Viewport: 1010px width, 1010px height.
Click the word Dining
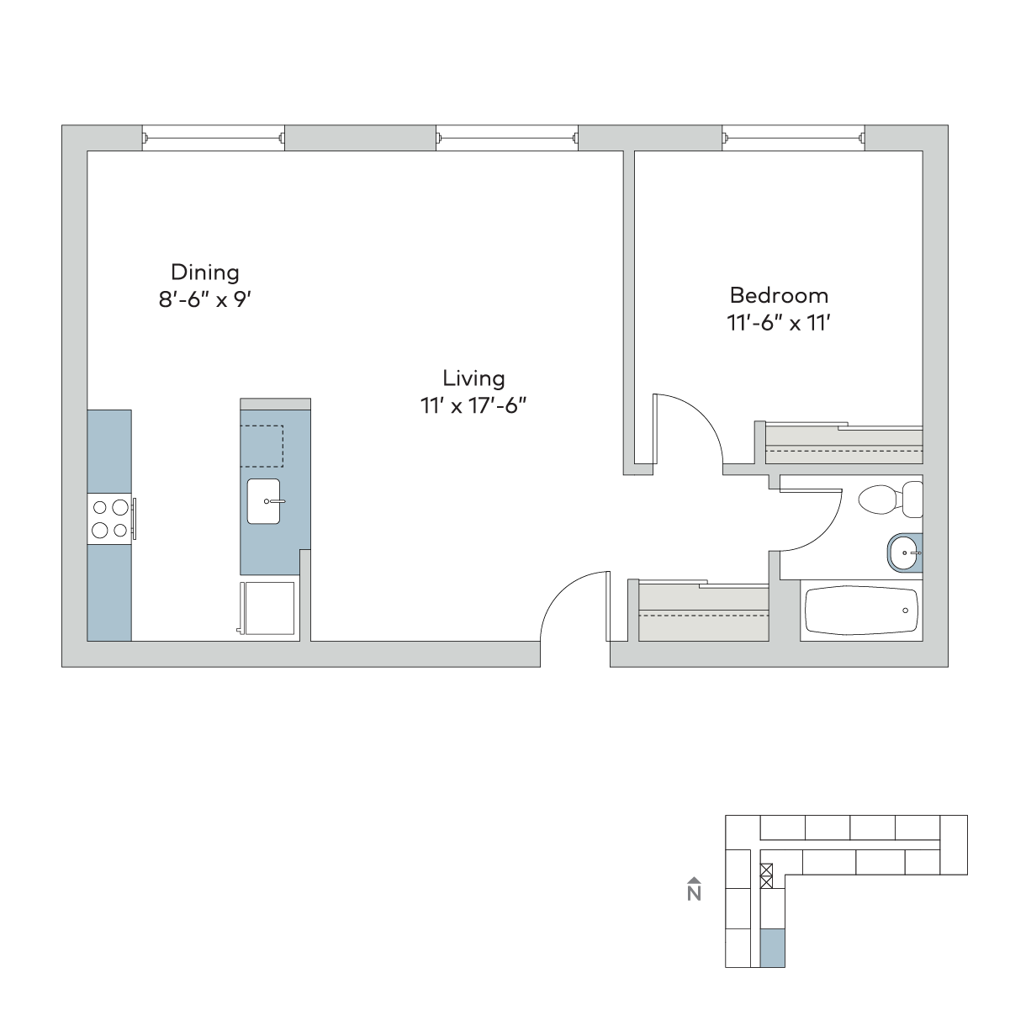(205, 273)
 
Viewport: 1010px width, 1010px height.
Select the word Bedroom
(779, 296)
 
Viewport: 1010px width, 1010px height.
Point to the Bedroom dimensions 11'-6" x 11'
(779, 323)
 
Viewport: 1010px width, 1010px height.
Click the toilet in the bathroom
(890, 500)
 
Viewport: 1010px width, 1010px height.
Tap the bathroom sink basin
(905, 553)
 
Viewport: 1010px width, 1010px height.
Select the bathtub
(861, 611)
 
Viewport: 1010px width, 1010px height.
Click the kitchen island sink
(263, 501)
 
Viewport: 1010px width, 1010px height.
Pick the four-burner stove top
(109, 519)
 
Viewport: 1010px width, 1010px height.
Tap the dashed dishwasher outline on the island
(262, 446)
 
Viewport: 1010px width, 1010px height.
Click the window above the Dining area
(214, 138)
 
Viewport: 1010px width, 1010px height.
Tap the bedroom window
(794, 138)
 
